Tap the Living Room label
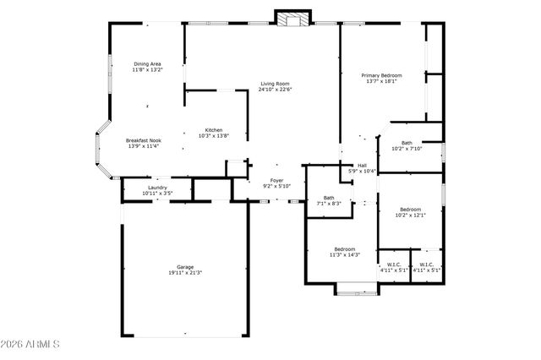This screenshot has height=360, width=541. point(275,84)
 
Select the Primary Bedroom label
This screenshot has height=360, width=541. point(383,75)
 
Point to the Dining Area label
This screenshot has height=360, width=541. point(147,64)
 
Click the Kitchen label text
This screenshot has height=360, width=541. point(213,130)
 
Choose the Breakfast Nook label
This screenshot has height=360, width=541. point(144,140)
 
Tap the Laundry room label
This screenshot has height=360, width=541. point(157,188)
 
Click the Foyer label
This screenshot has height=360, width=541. point(276,180)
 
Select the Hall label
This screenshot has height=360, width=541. point(362,166)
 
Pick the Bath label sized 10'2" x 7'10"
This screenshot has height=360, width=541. point(407,143)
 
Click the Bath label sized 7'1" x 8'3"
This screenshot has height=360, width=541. point(328,198)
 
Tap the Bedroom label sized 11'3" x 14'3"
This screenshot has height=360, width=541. point(344,248)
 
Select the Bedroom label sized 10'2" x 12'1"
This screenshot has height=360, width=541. point(410,209)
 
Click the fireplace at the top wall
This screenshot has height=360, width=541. point(292,19)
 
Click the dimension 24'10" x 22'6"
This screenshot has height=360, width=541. point(275,90)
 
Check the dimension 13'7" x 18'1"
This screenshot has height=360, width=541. point(383,81)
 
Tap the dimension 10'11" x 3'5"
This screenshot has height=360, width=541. point(157,194)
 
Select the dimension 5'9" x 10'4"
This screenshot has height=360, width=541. point(362,172)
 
